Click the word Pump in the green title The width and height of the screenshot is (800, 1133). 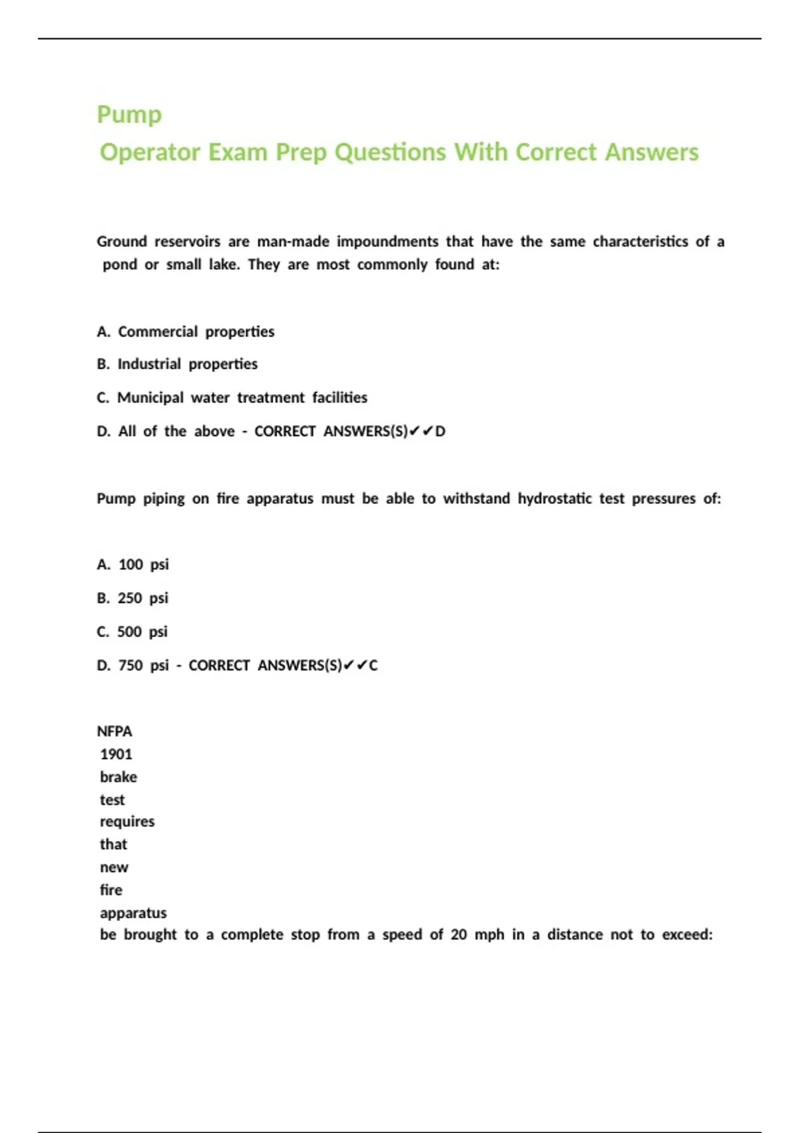(129, 115)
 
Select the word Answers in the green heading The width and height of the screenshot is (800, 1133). (651, 152)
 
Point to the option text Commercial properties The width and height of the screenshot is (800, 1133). (196, 331)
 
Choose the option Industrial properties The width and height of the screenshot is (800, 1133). (187, 364)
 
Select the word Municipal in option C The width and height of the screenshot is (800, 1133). (150, 397)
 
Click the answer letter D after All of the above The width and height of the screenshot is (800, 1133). (440, 431)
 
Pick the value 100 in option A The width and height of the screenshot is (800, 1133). (131, 565)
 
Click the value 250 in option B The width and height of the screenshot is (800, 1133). (130, 598)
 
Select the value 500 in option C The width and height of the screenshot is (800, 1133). (129, 631)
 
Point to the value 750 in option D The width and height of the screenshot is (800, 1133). (131, 665)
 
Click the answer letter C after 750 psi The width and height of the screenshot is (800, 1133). (373, 665)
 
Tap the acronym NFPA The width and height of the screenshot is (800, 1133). (115, 731)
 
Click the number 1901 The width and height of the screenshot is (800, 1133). (116, 754)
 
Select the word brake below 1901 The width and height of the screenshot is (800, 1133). (119, 776)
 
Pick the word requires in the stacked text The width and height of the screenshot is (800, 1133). (127, 821)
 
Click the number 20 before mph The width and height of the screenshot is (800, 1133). (459, 934)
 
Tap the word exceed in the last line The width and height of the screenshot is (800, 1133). (686, 934)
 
